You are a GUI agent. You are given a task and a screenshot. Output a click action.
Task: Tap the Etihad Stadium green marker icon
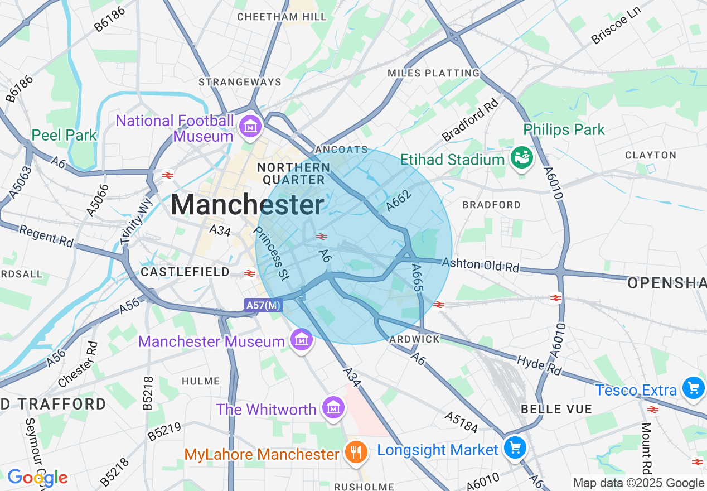pyautogui.click(x=522, y=159)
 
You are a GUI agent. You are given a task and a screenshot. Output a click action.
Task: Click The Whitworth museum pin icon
pyautogui.click(x=333, y=408)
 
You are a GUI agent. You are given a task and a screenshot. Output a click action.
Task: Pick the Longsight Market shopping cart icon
pyautogui.click(x=515, y=447)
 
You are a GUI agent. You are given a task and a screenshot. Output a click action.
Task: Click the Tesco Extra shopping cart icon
pyautogui.click(x=694, y=388)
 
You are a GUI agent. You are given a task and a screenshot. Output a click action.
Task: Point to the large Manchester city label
pyautogui.click(x=247, y=205)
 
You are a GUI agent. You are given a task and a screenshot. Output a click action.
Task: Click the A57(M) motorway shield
pyautogui.click(x=263, y=305)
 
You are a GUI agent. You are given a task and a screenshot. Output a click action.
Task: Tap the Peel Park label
pyautogui.click(x=64, y=135)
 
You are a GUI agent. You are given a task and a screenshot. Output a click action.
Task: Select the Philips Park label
pyautogui.click(x=564, y=130)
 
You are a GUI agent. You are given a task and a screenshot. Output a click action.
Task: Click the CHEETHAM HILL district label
pyautogui.click(x=282, y=17)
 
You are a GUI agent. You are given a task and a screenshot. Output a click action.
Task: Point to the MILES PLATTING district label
pyautogui.click(x=433, y=73)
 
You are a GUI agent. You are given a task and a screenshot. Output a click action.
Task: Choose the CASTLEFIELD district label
pyautogui.click(x=185, y=272)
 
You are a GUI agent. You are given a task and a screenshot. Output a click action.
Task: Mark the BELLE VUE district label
pyautogui.click(x=556, y=409)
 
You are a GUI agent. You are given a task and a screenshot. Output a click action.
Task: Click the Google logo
pyautogui.click(x=37, y=478)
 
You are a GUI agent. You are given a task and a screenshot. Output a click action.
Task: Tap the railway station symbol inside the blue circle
pyautogui.click(x=321, y=237)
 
